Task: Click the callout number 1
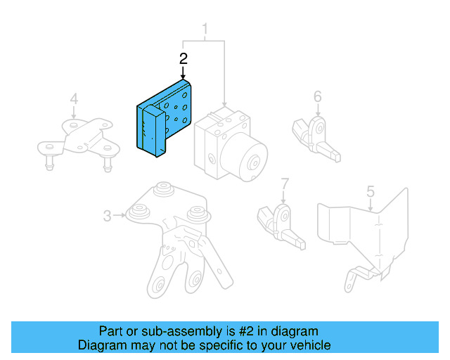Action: [206, 30]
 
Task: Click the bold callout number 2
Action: [184, 58]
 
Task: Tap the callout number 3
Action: [107, 216]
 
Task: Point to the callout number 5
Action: [371, 191]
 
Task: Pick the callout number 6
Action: [317, 96]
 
